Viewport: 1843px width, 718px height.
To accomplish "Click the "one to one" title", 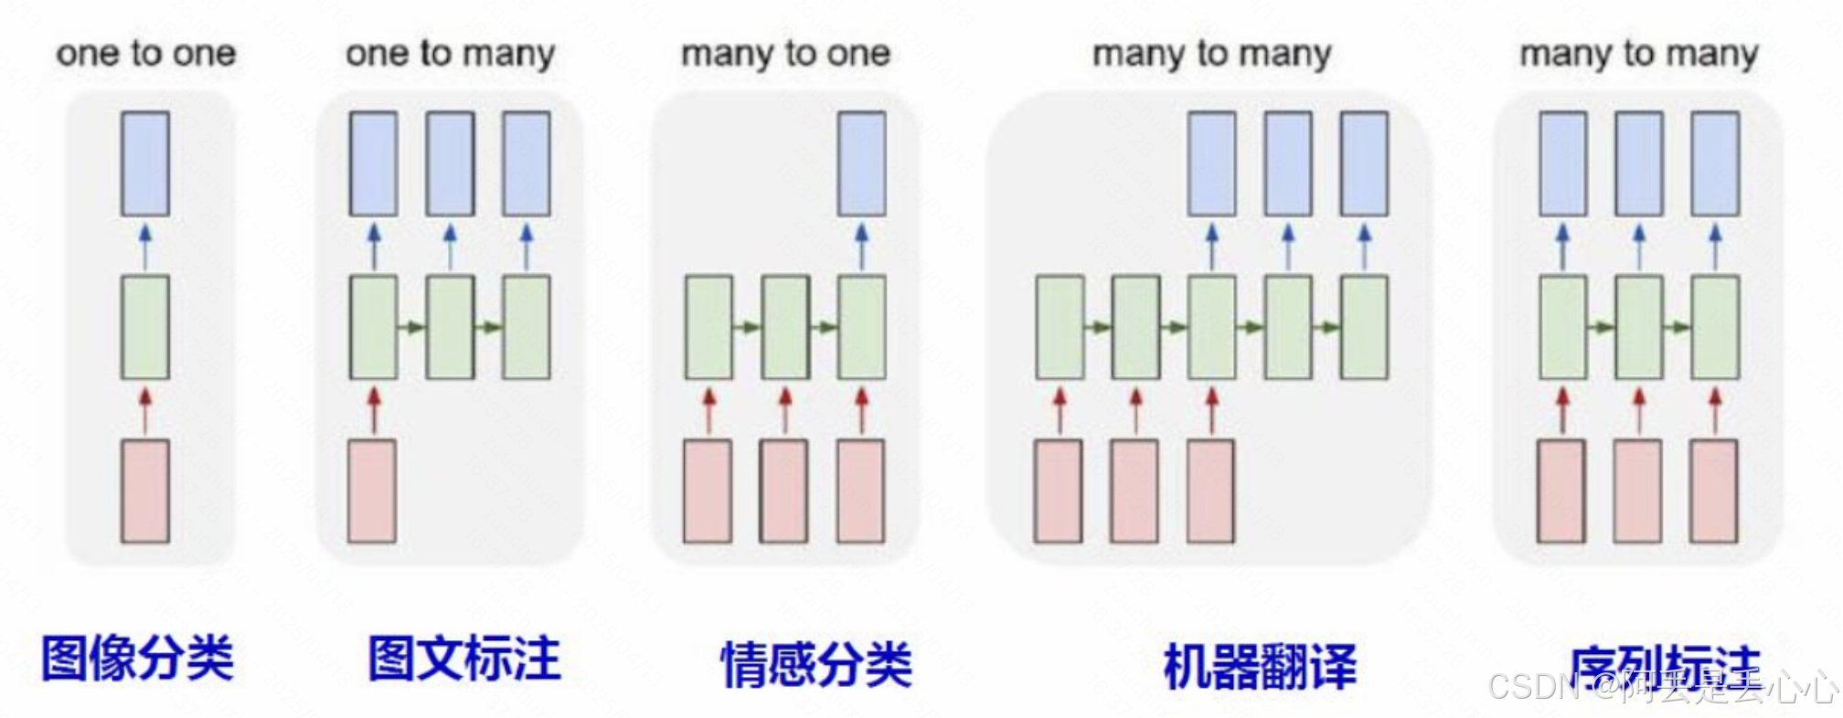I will point(146,53).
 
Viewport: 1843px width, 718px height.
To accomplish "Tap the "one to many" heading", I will point(450,53).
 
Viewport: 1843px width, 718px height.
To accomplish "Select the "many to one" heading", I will point(785,53).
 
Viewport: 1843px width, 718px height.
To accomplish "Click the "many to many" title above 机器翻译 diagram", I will point(1211,53).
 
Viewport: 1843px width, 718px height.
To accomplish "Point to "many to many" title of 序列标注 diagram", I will point(1638,53).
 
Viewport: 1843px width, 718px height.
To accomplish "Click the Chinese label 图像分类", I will point(138,658).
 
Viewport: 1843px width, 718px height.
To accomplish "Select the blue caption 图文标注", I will point(463,658).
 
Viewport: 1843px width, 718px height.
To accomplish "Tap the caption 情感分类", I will point(816,664).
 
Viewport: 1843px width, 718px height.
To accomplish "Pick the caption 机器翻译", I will point(1260,666).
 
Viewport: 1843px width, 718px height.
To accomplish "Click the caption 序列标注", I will point(1664,665).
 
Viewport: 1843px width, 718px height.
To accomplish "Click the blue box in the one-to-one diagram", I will point(145,164).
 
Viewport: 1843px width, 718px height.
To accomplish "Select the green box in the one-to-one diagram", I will point(145,327).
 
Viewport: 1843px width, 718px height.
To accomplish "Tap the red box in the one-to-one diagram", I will point(145,491).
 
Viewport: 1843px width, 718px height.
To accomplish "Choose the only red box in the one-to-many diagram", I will point(372,491).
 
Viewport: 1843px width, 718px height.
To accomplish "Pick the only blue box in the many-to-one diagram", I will point(861,164).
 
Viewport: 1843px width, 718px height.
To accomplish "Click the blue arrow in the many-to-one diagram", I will point(861,246).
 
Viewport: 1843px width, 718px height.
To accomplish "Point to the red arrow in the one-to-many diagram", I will point(373,409).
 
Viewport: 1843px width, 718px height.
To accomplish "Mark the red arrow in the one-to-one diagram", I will point(144,409).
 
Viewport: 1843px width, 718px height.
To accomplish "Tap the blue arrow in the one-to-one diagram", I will point(144,246).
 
